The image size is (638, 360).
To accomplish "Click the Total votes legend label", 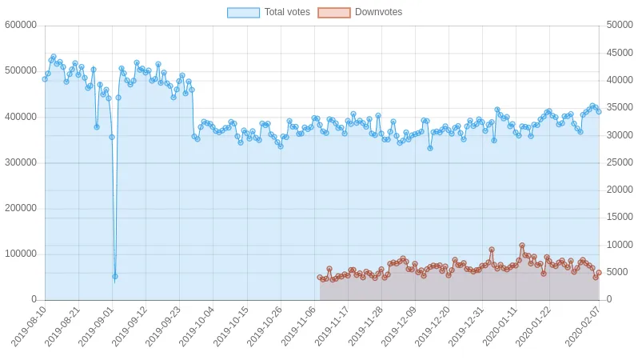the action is pyautogui.click(x=287, y=12).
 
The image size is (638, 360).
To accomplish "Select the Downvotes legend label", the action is pyautogui.click(x=378, y=12).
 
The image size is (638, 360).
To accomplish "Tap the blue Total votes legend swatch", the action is pyautogui.click(x=243, y=13).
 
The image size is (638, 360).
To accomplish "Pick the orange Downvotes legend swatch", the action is pyautogui.click(x=334, y=13).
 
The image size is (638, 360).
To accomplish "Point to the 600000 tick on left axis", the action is pyautogui.click(x=21, y=25).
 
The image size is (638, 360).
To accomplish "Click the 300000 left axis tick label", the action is pyautogui.click(x=21, y=162).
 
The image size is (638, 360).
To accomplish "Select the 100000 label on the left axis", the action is pyautogui.click(x=21, y=254).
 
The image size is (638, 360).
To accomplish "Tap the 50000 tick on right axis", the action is pyautogui.click(x=620, y=25).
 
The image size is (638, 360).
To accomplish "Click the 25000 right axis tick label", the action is pyautogui.click(x=620, y=162).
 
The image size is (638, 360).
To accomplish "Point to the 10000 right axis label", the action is pyautogui.click(x=620, y=245).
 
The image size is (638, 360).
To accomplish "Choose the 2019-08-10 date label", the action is pyautogui.click(x=29, y=326).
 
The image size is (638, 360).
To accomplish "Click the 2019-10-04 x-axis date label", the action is pyautogui.click(x=197, y=326).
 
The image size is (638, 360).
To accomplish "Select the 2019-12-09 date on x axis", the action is pyautogui.click(x=399, y=326).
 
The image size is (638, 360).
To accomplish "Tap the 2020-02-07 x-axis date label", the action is pyautogui.click(x=583, y=326).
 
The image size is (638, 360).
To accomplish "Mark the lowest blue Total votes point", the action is pyautogui.click(x=115, y=277).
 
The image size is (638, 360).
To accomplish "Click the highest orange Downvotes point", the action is pyautogui.click(x=522, y=246).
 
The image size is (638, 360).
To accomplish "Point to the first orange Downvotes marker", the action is pyautogui.click(x=320, y=278).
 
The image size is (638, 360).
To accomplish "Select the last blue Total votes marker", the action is pyautogui.click(x=599, y=111).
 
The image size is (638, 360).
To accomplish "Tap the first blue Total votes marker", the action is pyautogui.click(x=45, y=79).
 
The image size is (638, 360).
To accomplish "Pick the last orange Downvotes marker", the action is pyautogui.click(x=599, y=273).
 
